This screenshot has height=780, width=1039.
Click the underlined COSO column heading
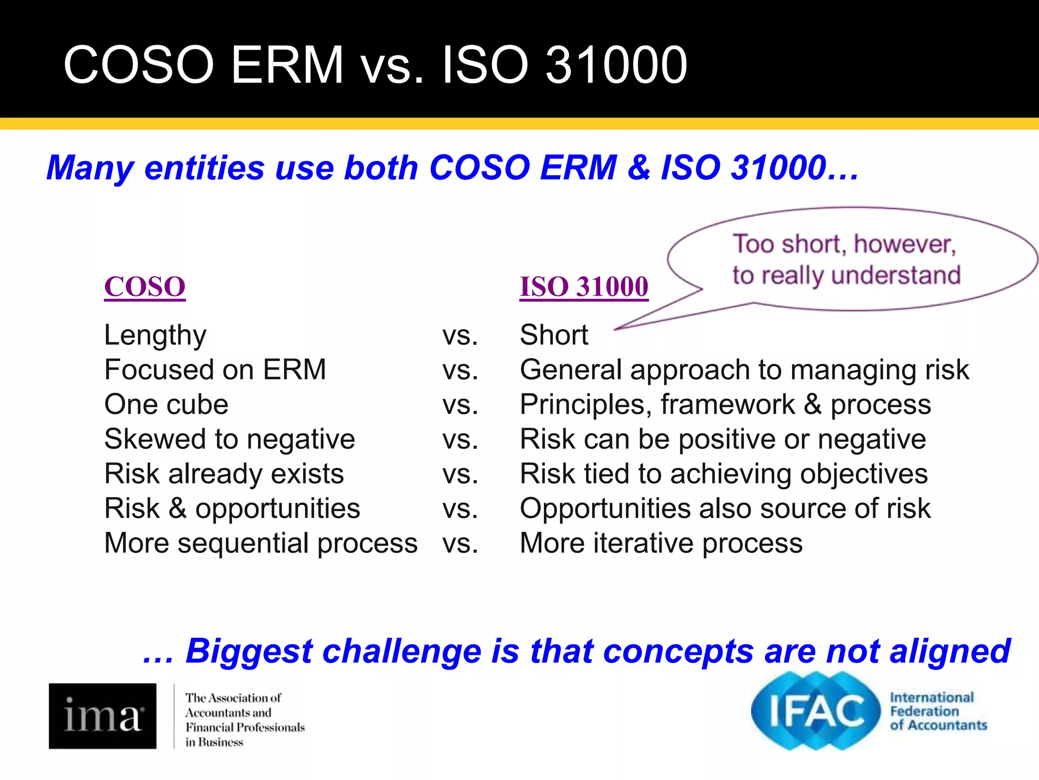pyautogui.click(x=145, y=287)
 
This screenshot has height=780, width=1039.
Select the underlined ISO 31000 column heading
pyautogui.click(x=583, y=287)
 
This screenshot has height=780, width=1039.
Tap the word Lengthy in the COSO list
pyautogui.click(x=155, y=335)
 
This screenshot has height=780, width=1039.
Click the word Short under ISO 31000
pyautogui.click(x=554, y=335)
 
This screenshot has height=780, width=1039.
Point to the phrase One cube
pyautogui.click(x=166, y=405)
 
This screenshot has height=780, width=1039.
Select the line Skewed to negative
pyautogui.click(x=229, y=439)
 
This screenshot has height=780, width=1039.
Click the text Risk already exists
pyautogui.click(x=224, y=474)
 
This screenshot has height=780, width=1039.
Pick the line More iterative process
pyautogui.click(x=661, y=543)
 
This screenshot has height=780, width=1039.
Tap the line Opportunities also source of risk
pyautogui.click(x=725, y=508)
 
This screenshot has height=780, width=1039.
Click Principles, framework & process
pyautogui.click(x=725, y=405)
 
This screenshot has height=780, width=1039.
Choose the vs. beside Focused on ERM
pyautogui.click(x=460, y=370)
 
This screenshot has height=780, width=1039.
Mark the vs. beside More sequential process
pyautogui.click(x=460, y=543)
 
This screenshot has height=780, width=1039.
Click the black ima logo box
pyautogui.click(x=102, y=716)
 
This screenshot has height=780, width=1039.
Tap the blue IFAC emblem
pyautogui.click(x=816, y=711)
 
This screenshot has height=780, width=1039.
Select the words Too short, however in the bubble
pyautogui.click(x=844, y=244)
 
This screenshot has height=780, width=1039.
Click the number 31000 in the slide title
pyautogui.click(x=616, y=65)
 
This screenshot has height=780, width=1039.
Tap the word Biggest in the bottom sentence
pyautogui.click(x=248, y=651)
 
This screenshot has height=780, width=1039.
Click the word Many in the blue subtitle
pyautogui.click(x=90, y=168)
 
